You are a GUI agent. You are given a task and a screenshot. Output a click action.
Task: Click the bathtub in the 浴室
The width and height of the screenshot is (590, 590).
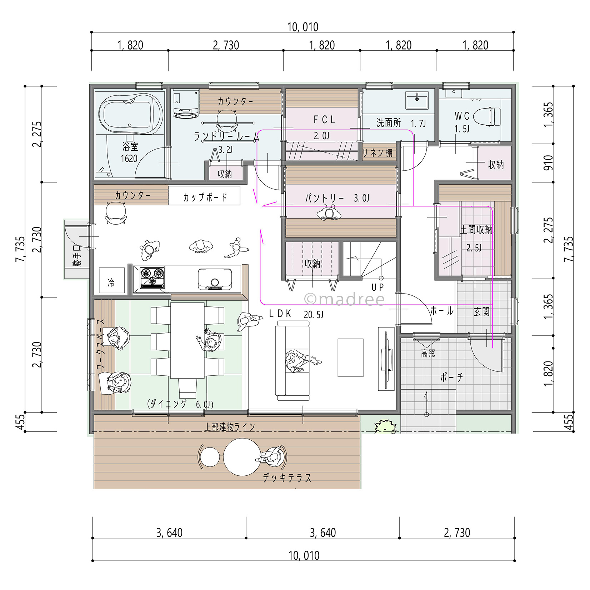coord(130,114)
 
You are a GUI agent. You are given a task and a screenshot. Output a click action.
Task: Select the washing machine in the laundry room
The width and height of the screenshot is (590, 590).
coord(186,104)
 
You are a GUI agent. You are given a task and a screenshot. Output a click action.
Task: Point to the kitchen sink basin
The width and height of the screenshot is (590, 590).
coord(215,279)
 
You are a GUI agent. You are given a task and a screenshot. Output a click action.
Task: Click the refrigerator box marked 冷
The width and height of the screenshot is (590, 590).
coord(112,280)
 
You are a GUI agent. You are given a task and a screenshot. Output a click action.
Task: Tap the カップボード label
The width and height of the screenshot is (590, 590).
coord(205,197)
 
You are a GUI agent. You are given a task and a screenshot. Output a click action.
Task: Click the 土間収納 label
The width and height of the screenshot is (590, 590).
coord(476,230)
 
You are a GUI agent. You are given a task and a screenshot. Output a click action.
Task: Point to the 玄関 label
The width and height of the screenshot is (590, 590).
coord(481,312)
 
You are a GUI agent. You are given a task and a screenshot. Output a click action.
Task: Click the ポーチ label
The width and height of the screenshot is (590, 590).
coord(451,377)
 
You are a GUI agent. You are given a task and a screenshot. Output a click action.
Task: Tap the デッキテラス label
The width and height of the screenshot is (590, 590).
coord(287,478)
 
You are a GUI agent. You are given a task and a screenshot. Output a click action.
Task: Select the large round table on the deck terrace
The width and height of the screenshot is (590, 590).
coord(242,457)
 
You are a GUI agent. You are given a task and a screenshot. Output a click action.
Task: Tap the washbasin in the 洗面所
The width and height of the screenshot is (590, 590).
coord(417,100)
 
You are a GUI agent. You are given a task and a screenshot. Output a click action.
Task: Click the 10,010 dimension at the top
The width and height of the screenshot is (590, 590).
coord(303,27)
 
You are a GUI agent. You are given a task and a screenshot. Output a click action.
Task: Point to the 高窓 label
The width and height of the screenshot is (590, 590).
coord(428,354)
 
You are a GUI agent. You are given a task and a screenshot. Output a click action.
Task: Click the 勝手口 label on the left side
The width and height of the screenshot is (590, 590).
coord(77,255)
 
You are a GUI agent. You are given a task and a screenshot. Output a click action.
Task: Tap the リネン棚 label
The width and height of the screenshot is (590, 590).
coord(377,153)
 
